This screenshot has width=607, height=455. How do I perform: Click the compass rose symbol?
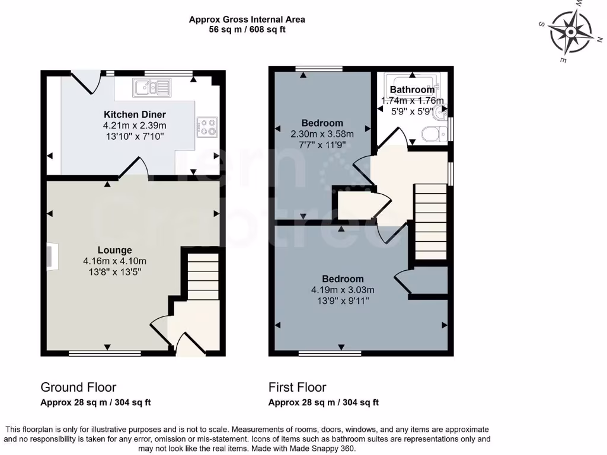pos(571,31)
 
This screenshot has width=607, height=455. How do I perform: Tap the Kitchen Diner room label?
pos(135,114)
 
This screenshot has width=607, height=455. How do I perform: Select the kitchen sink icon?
pos(152,88)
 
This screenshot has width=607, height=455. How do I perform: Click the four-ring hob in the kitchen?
pos(207,126)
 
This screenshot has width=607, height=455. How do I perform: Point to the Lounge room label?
pos(115,250)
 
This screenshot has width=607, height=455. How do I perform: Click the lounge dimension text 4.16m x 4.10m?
pos(115,261)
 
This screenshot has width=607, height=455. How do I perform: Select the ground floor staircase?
pos(203,275)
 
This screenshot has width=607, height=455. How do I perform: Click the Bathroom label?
pos(412,90)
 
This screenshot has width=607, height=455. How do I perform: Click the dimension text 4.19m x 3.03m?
pos(343,290)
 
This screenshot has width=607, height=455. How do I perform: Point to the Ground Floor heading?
pos(78,387)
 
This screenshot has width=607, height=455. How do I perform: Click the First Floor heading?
pos(297,387)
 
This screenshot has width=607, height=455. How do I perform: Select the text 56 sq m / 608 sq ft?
pos(247,30)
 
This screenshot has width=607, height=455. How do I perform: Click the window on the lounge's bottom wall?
pos(105,354)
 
